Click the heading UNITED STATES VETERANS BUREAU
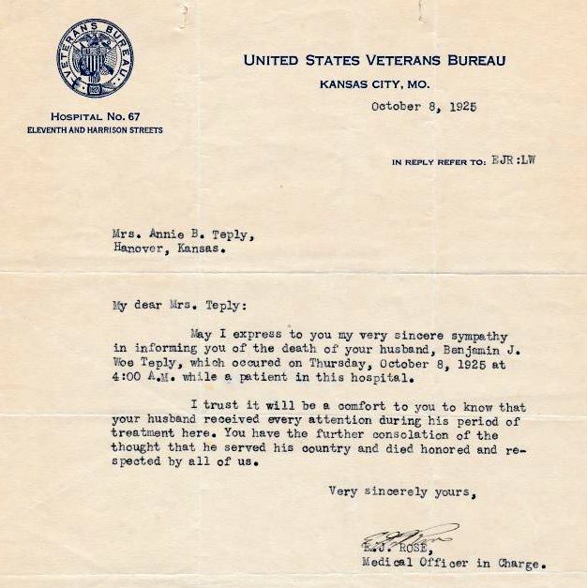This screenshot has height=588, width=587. coord(374,60)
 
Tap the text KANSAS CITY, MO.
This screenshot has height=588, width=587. coord(374,83)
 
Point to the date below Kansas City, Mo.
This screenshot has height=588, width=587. coord(423,106)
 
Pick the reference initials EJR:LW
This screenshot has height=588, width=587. coord(513,160)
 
